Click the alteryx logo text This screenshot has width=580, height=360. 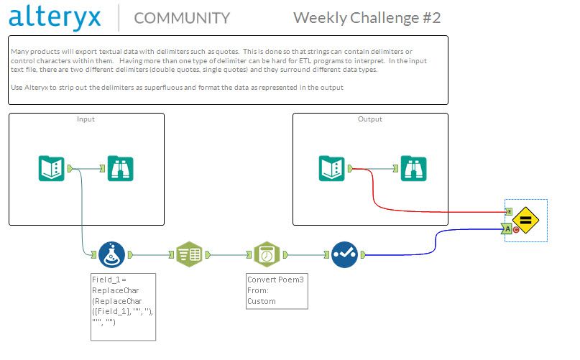(56, 17)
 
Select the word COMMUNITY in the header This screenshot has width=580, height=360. (182, 18)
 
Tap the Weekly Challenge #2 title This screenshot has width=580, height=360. (367, 17)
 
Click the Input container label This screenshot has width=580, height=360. (86, 119)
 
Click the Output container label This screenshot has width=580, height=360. (370, 119)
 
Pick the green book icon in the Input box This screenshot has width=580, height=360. (51, 168)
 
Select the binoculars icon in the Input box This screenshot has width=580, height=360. (120, 168)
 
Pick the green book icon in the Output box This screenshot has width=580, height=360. (332, 168)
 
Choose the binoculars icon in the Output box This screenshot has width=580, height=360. (413, 168)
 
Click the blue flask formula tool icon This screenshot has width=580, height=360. (112, 254)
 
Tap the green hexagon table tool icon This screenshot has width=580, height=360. (190, 254)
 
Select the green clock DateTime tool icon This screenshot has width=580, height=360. (267, 254)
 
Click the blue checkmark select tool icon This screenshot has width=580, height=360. (344, 254)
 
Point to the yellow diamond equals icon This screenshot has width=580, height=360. (525, 221)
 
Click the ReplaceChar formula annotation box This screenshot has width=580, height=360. (123, 306)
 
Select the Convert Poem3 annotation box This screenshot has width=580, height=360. (277, 291)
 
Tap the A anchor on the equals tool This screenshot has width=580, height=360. (508, 229)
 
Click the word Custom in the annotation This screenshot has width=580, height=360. (262, 301)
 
